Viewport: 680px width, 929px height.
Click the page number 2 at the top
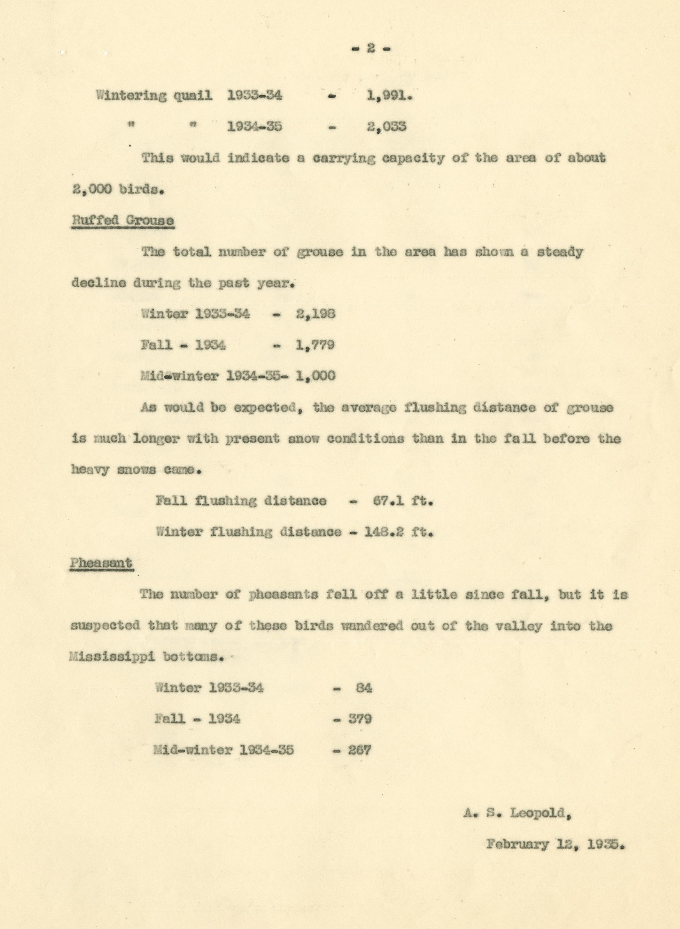pyautogui.click(x=371, y=49)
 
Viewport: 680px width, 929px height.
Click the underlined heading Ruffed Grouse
pyautogui.click(x=123, y=220)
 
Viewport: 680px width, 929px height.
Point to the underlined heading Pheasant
pyautogui.click(x=101, y=563)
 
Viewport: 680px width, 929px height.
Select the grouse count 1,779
pyautogui.click(x=315, y=345)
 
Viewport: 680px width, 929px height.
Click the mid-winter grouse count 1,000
pyautogui.click(x=315, y=376)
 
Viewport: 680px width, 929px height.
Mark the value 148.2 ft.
pyautogui.click(x=398, y=532)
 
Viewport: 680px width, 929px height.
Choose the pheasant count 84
pyautogui.click(x=364, y=688)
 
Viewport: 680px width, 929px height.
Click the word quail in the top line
pyautogui.click(x=192, y=96)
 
